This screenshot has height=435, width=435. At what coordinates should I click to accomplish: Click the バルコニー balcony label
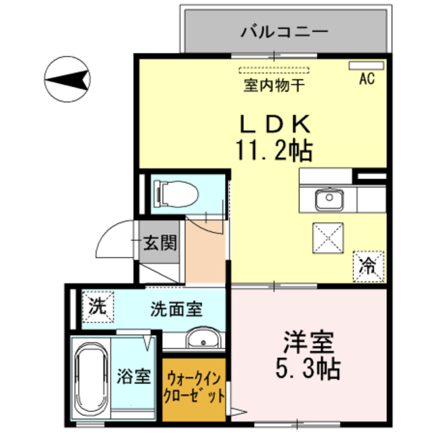tap(285, 31)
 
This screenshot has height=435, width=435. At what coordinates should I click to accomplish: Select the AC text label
tap(367, 79)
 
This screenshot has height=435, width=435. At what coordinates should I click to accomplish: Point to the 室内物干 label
tap(274, 87)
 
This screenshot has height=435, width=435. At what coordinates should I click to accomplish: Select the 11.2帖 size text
tap(274, 149)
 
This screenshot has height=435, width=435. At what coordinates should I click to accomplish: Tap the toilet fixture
tap(175, 192)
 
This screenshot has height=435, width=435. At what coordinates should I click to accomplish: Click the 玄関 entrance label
tap(161, 243)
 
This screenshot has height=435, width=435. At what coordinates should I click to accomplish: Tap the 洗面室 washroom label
tap(176, 309)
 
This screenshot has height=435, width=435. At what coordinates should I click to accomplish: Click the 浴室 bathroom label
tap(134, 376)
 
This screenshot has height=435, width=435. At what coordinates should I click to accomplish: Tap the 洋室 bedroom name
tap(307, 341)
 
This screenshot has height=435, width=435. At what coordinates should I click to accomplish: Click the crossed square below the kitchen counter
tap(329, 239)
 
